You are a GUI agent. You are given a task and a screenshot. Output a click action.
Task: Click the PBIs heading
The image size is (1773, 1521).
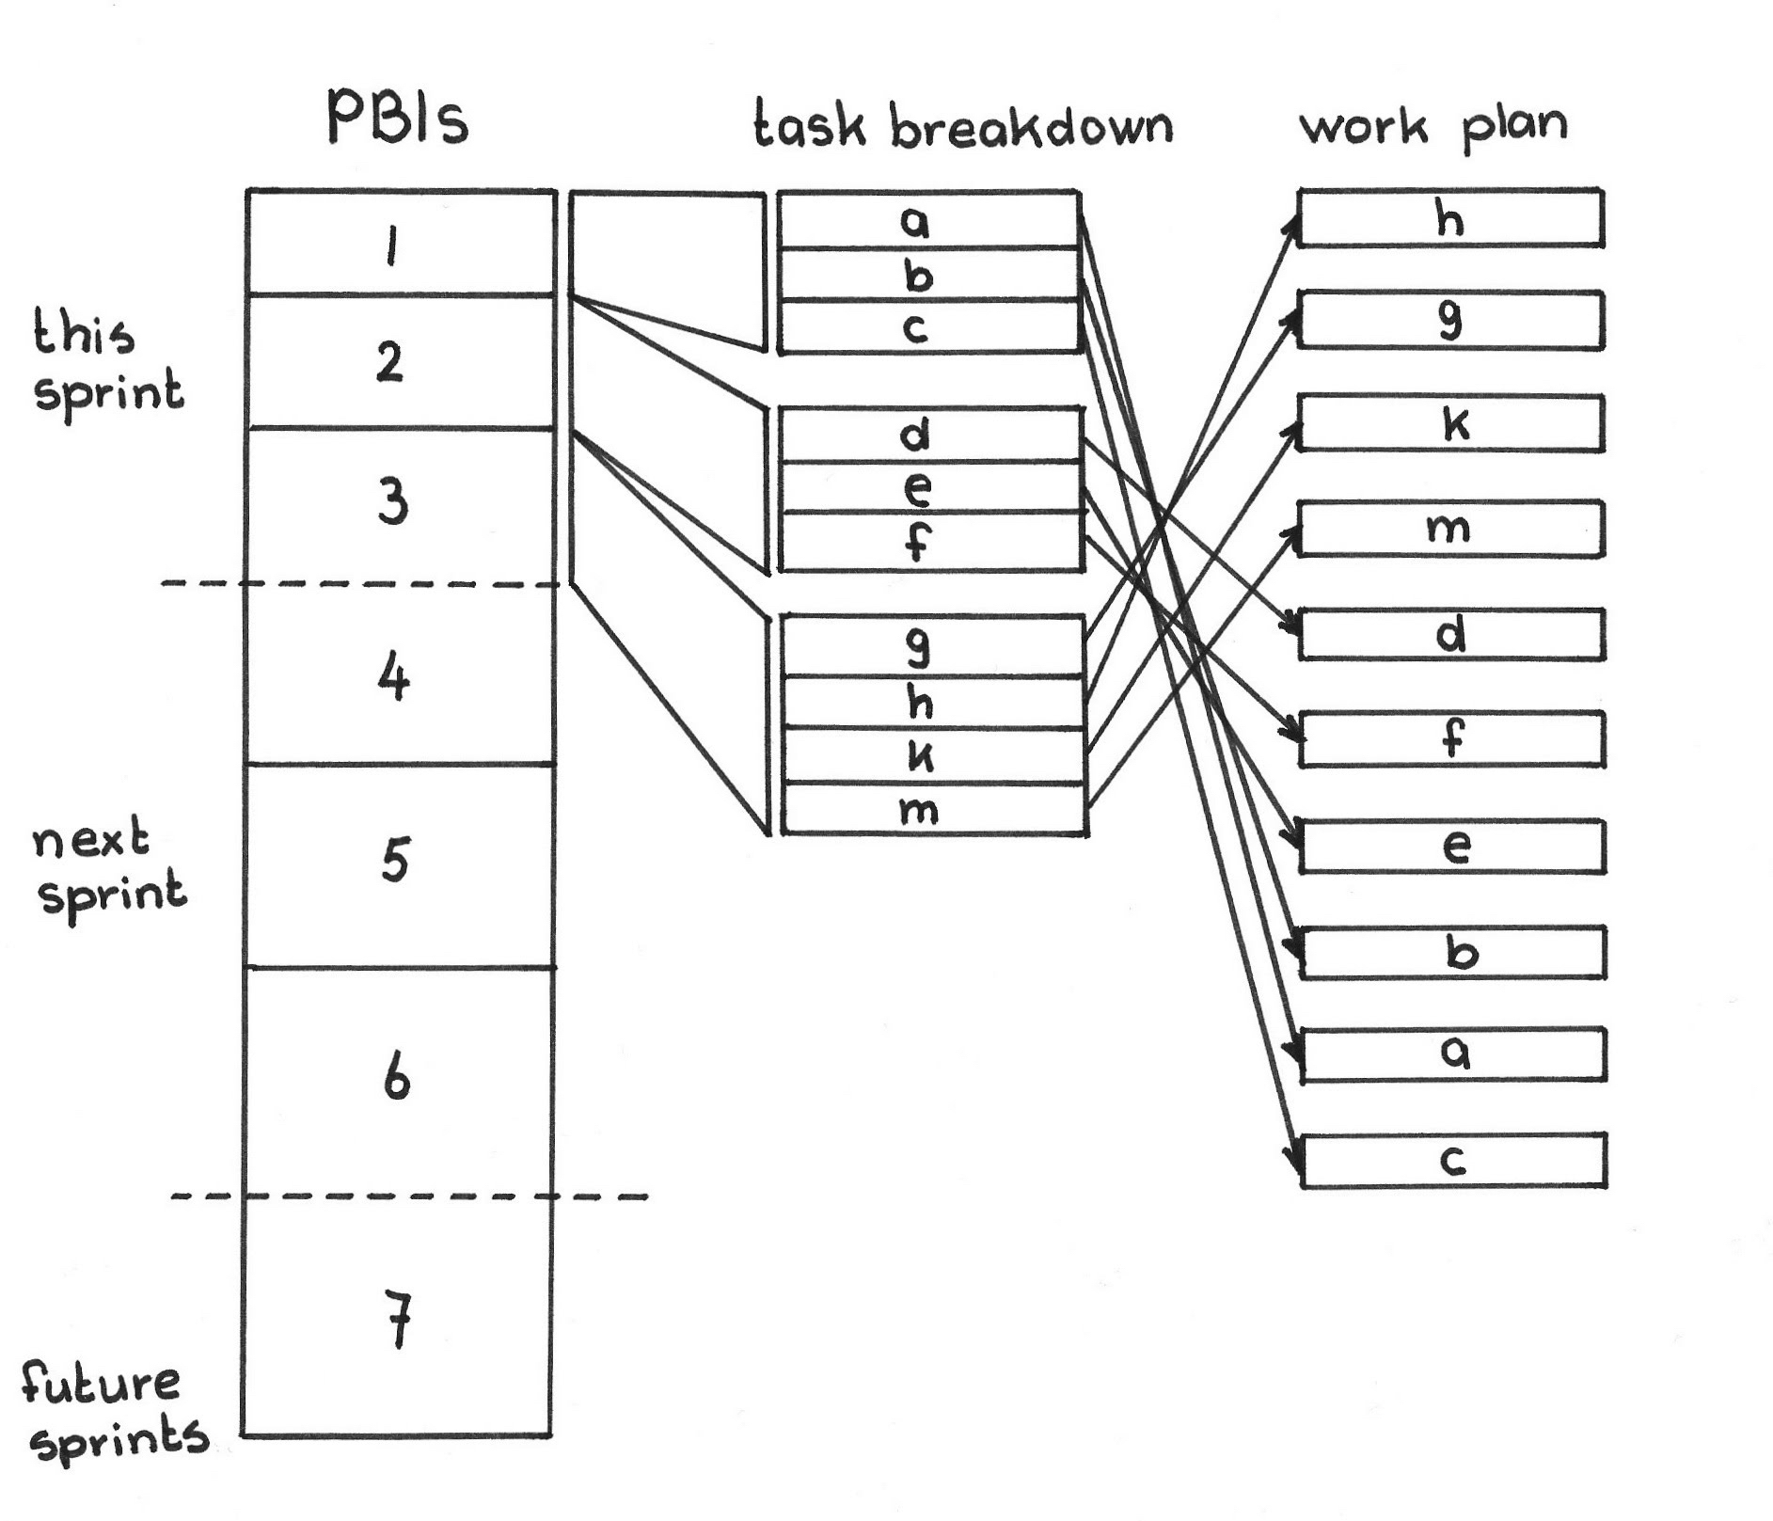(x=397, y=119)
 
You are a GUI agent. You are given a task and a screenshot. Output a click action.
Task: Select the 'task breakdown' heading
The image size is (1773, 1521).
(x=963, y=127)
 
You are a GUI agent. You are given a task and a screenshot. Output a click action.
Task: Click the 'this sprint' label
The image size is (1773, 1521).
(x=106, y=364)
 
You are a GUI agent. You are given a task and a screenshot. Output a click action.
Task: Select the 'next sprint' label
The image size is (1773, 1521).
(x=109, y=867)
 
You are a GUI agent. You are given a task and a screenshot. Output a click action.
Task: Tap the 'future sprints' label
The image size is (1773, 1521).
(x=113, y=1411)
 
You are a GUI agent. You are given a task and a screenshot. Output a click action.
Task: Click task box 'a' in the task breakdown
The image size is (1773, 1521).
(x=927, y=221)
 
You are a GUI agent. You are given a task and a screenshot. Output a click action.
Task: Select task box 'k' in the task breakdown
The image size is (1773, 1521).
(x=934, y=755)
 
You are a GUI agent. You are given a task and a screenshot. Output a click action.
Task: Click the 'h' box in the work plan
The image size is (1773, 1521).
(x=1449, y=218)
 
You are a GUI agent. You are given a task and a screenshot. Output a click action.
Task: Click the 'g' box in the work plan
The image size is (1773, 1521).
(x=1449, y=322)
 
